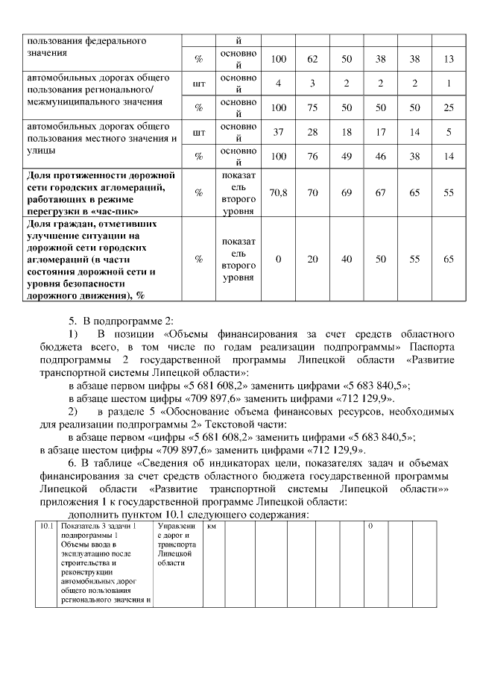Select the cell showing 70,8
pyautogui.click(x=278, y=192)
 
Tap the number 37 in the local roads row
pyautogui.click(x=278, y=132)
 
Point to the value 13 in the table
pyautogui.click(x=449, y=59)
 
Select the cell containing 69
pyautogui.click(x=347, y=192)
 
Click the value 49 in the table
pyautogui.click(x=347, y=157)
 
